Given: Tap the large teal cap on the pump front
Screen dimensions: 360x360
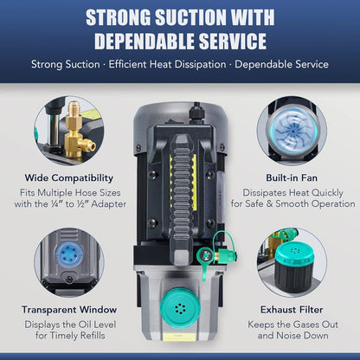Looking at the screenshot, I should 179,308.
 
